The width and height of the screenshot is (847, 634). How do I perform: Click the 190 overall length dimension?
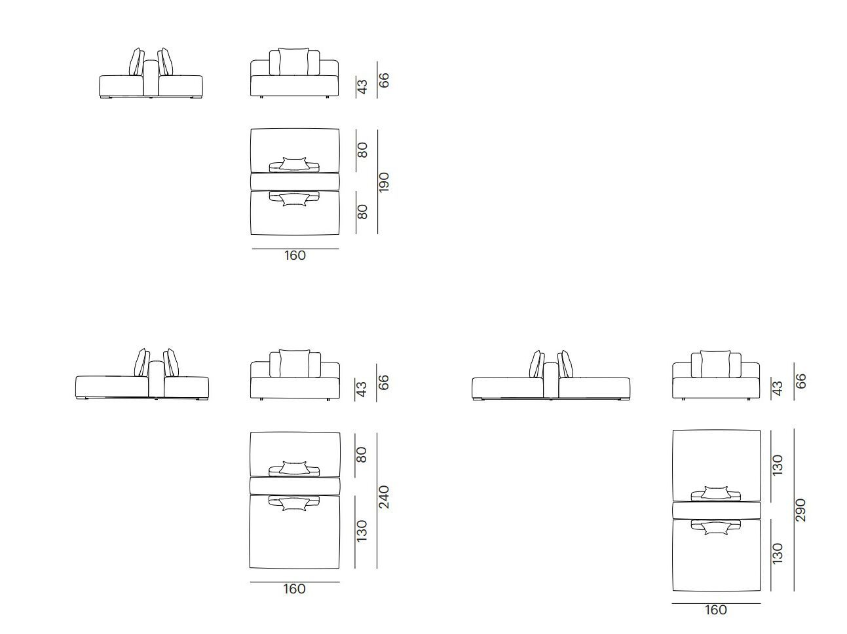click(383, 183)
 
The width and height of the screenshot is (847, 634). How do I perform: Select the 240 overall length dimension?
click(383, 497)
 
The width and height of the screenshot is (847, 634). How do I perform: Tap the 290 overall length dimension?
click(800, 510)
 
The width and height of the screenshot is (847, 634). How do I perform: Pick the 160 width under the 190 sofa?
click(295, 255)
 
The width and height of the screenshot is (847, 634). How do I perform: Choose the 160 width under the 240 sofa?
click(294, 588)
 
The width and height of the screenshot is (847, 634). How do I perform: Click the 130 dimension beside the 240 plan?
click(362, 531)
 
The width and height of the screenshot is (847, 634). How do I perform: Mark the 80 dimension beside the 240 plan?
click(362, 455)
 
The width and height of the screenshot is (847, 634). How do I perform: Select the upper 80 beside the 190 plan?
click(362, 150)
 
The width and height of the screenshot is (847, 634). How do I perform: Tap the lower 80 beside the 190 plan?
click(362, 211)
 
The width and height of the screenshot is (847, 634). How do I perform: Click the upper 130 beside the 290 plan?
click(778, 465)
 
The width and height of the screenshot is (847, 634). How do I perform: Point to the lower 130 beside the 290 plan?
click(778, 554)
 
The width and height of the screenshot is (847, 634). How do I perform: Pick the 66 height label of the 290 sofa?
click(800, 381)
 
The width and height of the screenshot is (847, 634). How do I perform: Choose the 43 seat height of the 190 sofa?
click(362, 87)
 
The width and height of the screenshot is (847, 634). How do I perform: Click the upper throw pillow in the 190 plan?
click(294, 164)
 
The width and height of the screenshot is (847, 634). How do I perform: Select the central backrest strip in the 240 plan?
click(295, 486)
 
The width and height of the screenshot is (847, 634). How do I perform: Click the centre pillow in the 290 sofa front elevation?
click(715, 364)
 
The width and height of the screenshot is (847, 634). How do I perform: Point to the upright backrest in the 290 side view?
click(551, 380)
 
